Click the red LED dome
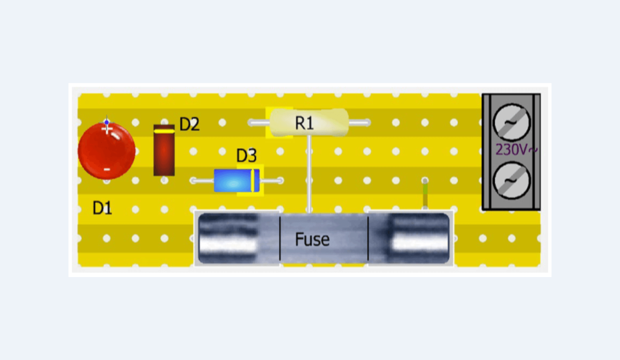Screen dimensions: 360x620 [x=107, y=151]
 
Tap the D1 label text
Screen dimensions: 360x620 [x=102, y=208]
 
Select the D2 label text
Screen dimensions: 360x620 [x=189, y=124]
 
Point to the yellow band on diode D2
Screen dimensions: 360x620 [x=164, y=131]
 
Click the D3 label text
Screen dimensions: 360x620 [x=246, y=156]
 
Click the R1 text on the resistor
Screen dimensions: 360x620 [x=304, y=123]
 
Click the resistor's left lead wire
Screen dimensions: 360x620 [x=259, y=123]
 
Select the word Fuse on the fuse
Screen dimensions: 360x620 [x=312, y=239]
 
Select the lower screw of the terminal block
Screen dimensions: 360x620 [x=511, y=181]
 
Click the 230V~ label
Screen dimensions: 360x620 [x=516, y=150]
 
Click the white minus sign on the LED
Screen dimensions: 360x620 [x=107, y=169]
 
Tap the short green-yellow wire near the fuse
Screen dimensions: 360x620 [x=425, y=195]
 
